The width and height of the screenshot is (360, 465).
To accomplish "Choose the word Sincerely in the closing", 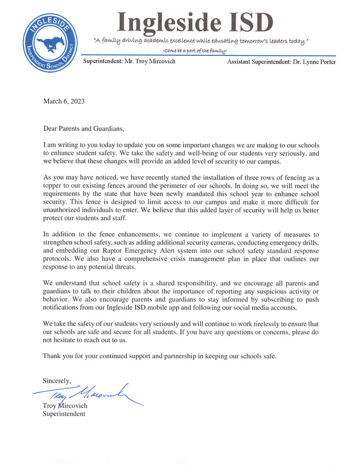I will pos(57,380).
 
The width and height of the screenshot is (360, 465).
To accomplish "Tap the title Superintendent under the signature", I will pos(64,414).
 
